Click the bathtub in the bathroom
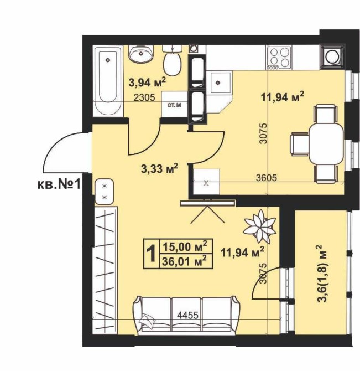tap(108, 81)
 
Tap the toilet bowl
tap(173, 61)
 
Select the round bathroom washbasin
tap(141, 54)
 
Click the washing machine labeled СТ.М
tap(175, 105)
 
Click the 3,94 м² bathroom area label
tap(147, 82)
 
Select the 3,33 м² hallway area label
tap(159, 168)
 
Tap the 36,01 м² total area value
tap(185, 261)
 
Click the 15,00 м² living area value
tap(185, 246)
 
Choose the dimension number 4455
tap(188, 316)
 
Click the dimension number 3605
tap(267, 177)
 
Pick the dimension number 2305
tap(144, 97)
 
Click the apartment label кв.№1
tap(59, 184)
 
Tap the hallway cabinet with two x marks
tap(105, 192)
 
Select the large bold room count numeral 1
tap(152, 254)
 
